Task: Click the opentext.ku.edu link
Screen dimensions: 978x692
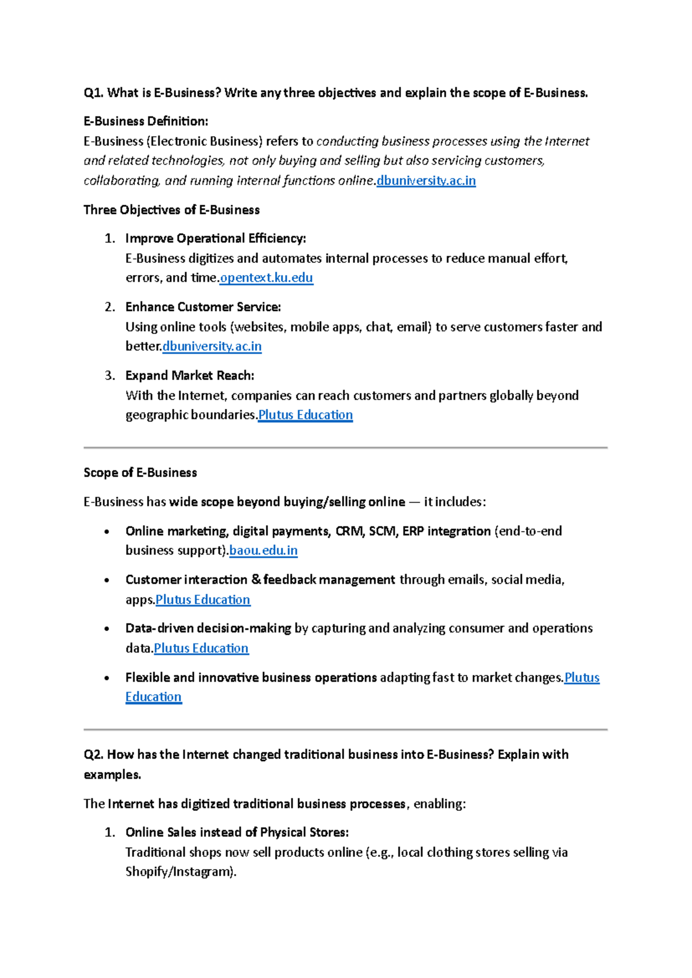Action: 266,278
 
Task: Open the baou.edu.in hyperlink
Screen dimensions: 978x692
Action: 264,551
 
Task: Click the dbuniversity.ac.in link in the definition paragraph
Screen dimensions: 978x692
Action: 426,181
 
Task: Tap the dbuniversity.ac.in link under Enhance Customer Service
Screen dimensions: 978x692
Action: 212,347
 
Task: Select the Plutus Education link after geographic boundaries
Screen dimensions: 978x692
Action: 305,415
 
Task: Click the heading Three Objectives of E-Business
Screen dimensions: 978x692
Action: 171,210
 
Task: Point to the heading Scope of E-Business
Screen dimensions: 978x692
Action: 140,473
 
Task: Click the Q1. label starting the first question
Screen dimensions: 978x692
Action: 93,93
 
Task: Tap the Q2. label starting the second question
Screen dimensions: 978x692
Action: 93,755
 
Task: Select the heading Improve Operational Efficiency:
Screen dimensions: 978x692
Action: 216,239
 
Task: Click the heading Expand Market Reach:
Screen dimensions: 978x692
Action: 190,375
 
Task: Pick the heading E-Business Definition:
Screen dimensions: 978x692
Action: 146,122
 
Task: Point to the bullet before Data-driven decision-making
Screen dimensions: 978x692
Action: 107,629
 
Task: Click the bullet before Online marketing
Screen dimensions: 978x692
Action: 107,532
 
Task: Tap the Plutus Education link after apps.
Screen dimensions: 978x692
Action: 203,600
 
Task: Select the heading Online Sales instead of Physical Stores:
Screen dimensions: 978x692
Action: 237,833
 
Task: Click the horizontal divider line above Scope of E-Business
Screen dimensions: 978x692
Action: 345,447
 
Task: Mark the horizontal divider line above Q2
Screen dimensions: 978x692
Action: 345,730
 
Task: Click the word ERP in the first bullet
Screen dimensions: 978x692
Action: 413,531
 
